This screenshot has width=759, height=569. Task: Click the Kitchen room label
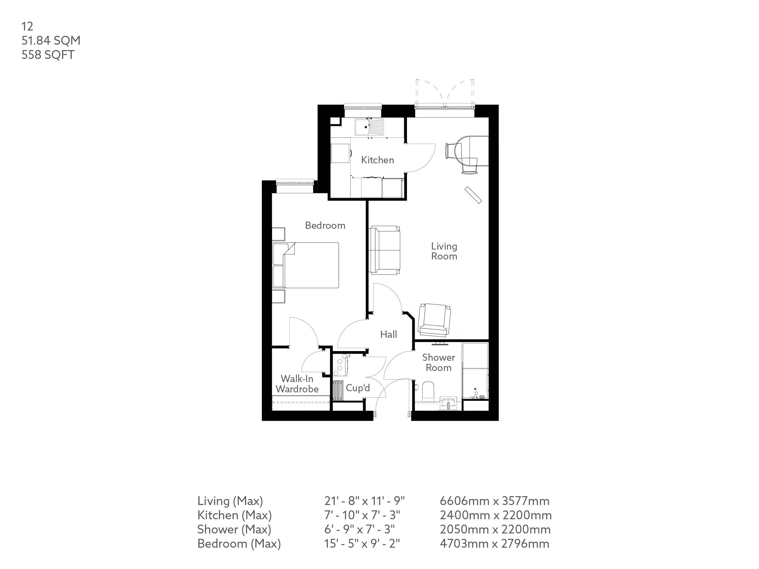(377, 160)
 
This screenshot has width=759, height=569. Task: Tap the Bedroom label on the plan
(325, 225)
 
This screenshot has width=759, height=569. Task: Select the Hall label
(388, 334)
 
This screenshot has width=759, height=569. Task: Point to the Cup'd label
(358, 387)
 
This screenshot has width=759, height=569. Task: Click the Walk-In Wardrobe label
(297, 384)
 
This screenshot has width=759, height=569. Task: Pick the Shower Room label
(439, 362)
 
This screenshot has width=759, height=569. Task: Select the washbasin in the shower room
(449, 404)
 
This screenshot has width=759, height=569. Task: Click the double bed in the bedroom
(306, 265)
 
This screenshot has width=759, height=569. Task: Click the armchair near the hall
(434, 320)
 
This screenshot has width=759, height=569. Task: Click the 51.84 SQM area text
(51, 40)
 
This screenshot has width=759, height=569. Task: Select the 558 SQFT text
(48, 55)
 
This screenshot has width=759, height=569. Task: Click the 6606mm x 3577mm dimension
(494, 501)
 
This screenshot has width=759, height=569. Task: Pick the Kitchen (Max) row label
(234, 515)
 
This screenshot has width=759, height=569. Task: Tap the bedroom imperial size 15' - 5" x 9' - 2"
(362, 544)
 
